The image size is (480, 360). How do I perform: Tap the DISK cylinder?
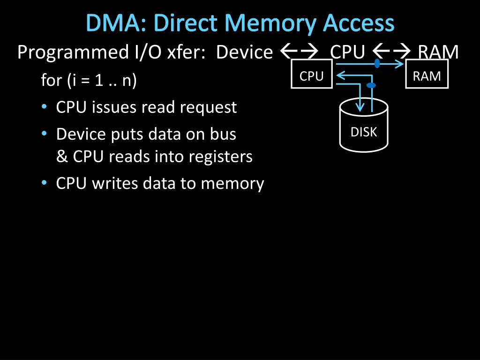tap(364, 128)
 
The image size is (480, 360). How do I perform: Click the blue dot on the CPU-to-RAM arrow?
tap(377, 63)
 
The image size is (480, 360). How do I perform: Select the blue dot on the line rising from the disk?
tap(371, 85)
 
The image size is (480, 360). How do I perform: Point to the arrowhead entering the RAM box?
tap(402, 64)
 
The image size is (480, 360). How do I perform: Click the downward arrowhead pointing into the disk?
tap(360, 106)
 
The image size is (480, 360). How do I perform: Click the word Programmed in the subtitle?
tap(71, 52)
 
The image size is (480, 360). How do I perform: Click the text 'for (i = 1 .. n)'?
tap(89, 81)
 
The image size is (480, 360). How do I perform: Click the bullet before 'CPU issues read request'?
tap(44, 107)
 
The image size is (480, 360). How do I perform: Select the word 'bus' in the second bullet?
tap(223, 134)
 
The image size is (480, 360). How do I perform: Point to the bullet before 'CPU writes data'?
tap(44, 183)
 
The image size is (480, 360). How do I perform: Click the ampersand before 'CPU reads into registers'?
tap(62, 157)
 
